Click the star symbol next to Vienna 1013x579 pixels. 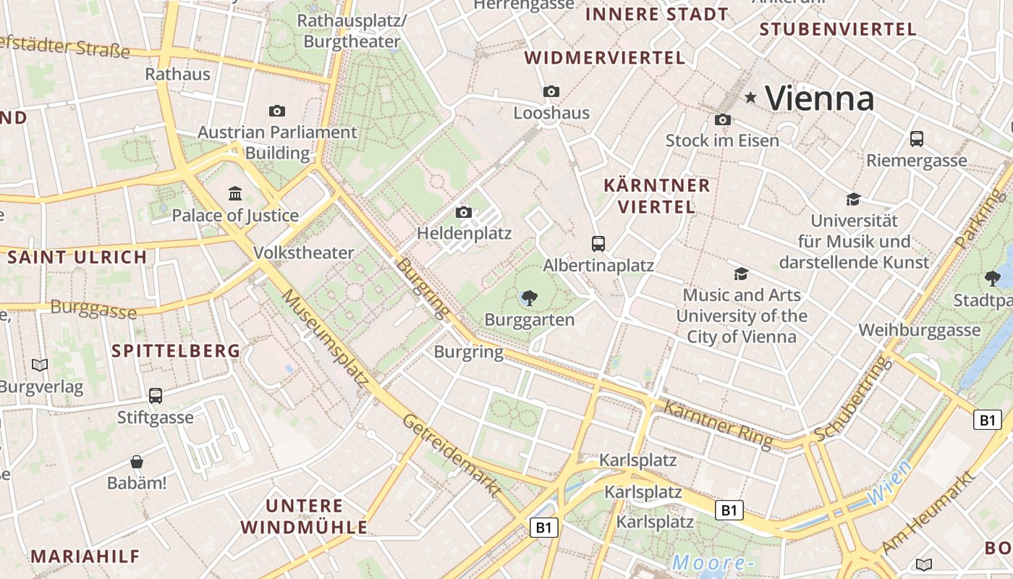pos(751,97)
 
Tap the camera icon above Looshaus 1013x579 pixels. pos(551,91)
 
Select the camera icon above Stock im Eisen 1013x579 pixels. pos(722,119)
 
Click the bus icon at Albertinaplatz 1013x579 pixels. pos(598,243)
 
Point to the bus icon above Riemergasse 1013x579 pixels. pos(916,139)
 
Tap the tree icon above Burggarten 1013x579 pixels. pos(530,297)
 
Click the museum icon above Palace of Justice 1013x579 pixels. pos(235,193)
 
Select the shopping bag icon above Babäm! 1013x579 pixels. pos(137,461)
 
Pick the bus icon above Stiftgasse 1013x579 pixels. pos(156,395)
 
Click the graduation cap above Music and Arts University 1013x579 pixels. pos(741,274)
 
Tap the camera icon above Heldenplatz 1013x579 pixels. pos(464,212)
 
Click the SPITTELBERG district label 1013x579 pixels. pos(176,351)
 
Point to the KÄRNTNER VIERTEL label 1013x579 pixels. pos(657,196)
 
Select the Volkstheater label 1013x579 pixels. pos(304,253)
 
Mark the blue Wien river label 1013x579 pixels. pos(889,483)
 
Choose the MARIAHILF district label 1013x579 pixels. pos(85,556)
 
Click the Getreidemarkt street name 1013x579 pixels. pos(452,455)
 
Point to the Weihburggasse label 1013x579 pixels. pos(919,330)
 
